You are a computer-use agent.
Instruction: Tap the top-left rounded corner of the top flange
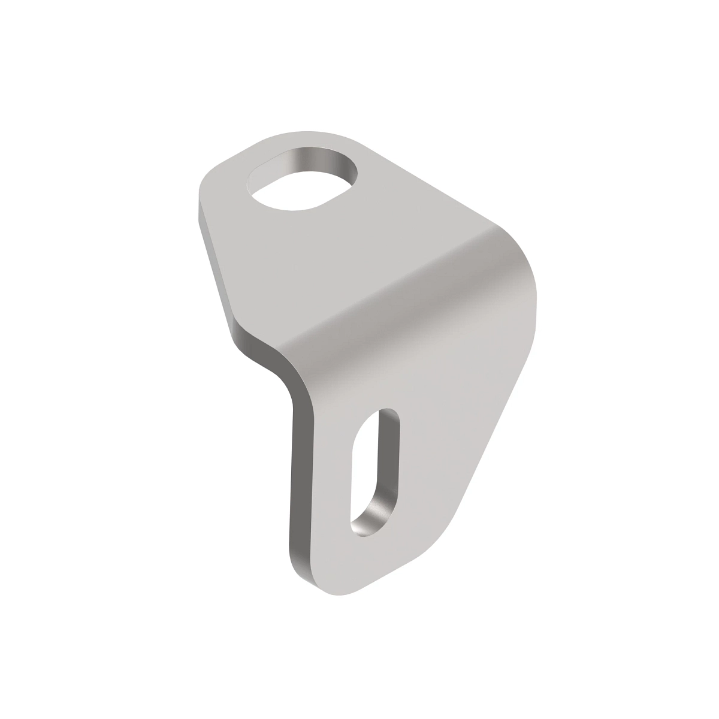[207, 180]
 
